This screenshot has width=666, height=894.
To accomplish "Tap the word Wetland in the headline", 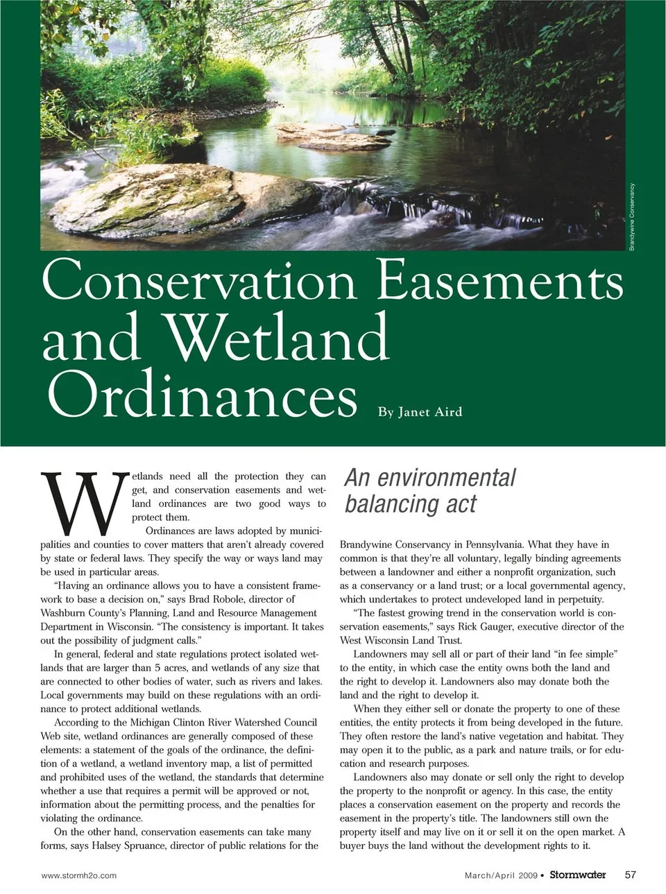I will click(278, 338).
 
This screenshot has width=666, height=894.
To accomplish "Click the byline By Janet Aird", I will click(420, 412).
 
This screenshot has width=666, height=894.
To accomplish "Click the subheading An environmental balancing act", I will click(430, 490).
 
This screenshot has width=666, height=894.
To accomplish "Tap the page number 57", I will click(631, 875).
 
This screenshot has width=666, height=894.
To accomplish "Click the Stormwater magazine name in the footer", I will click(577, 875).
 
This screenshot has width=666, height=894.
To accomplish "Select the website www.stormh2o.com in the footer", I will click(79, 875).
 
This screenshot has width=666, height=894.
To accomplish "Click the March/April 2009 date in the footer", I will click(501, 875).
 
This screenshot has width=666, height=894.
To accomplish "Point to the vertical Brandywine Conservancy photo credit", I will click(632, 216).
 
